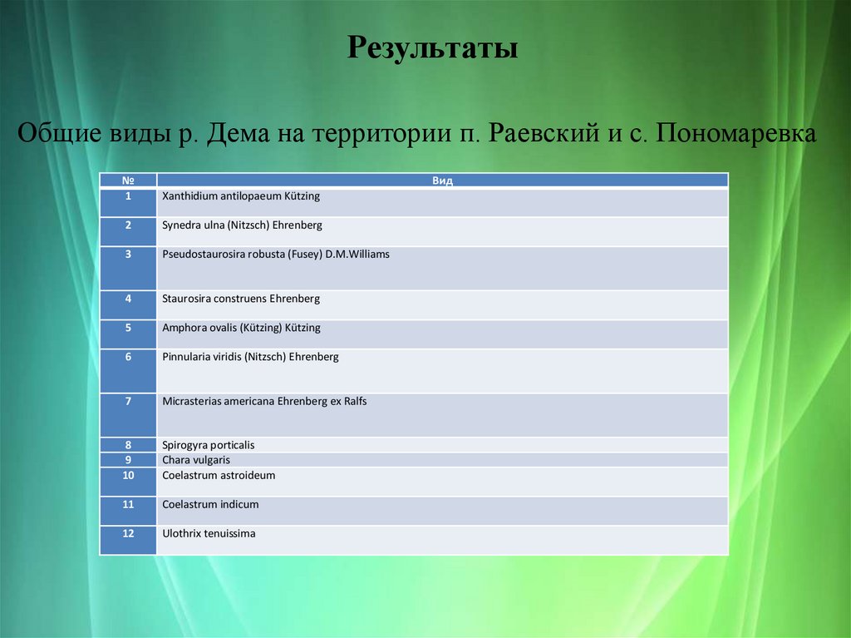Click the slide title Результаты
click(x=432, y=47)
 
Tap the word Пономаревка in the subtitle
click(x=735, y=133)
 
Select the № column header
click(x=128, y=181)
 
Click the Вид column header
click(x=442, y=181)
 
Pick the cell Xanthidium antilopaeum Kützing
click(x=241, y=197)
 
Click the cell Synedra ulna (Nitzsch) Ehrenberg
click(x=242, y=225)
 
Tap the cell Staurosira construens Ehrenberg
click(x=241, y=299)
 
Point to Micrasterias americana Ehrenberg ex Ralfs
click(x=264, y=401)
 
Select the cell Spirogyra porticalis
click(x=209, y=446)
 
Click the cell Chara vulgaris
click(x=196, y=460)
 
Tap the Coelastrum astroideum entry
click(x=219, y=476)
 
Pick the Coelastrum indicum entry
click(x=210, y=505)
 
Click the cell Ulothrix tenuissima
click(x=209, y=534)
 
